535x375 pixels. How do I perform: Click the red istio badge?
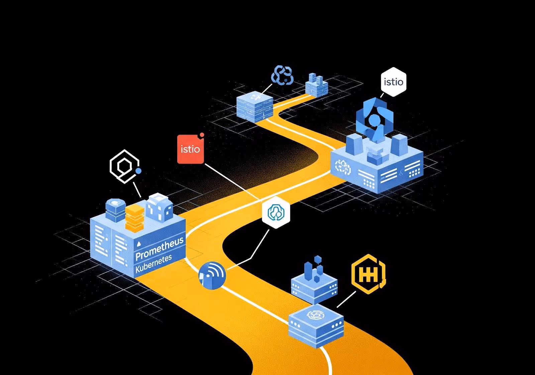(190, 149)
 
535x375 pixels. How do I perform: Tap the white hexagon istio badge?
(394, 82)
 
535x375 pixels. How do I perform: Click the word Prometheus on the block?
(159, 248)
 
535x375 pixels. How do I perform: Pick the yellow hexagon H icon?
(368, 274)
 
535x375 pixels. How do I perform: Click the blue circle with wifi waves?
(212, 275)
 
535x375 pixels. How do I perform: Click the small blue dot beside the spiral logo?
(138, 171)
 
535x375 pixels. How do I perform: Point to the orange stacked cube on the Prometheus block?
(134, 218)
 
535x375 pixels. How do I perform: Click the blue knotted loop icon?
(282, 75)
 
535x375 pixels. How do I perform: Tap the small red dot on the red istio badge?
(202, 135)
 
